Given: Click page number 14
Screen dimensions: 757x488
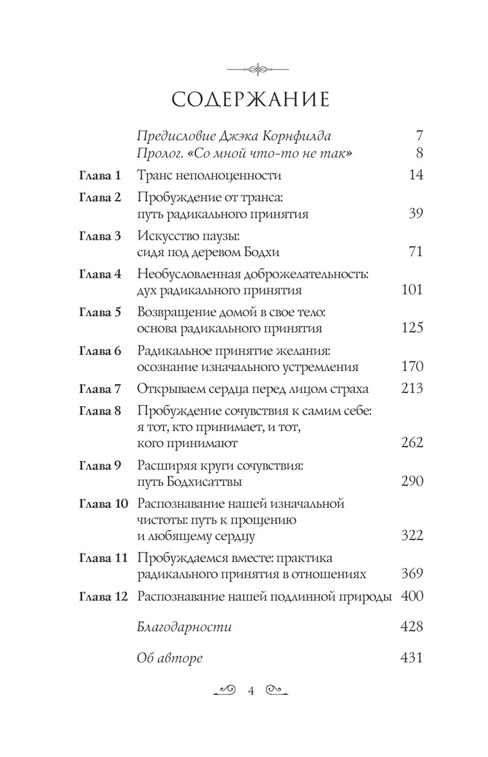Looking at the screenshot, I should pyautogui.click(x=415, y=175).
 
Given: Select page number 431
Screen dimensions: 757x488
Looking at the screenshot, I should pyautogui.click(x=412, y=658).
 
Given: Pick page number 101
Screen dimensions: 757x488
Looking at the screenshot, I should pyautogui.click(x=412, y=291).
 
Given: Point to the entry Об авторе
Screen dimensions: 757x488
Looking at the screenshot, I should pyautogui.click(x=170, y=658).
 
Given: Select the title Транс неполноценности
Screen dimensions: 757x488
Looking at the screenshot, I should pyautogui.click(x=209, y=175).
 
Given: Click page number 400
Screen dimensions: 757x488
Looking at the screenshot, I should pyautogui.click(x=412, y=596).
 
